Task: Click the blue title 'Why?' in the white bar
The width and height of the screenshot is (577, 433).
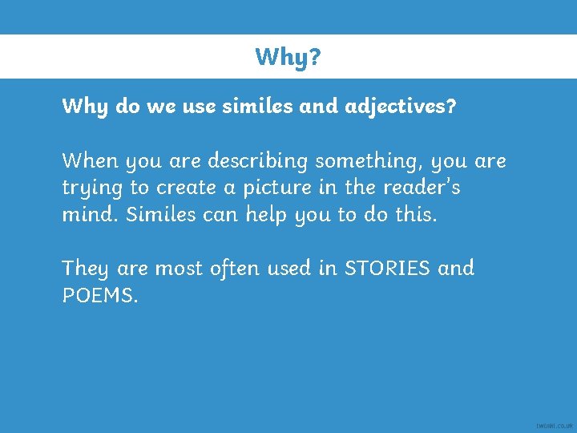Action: pyautogui.click(x=288, y=57)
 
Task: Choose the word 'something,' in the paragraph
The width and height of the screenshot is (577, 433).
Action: pyautogui.click(x=369, y=162)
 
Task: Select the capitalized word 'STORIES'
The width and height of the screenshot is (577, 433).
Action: pyautogui.click(x=388, y=268)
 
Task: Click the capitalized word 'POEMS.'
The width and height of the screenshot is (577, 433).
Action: pyautogui.click(x=100, y=295)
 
